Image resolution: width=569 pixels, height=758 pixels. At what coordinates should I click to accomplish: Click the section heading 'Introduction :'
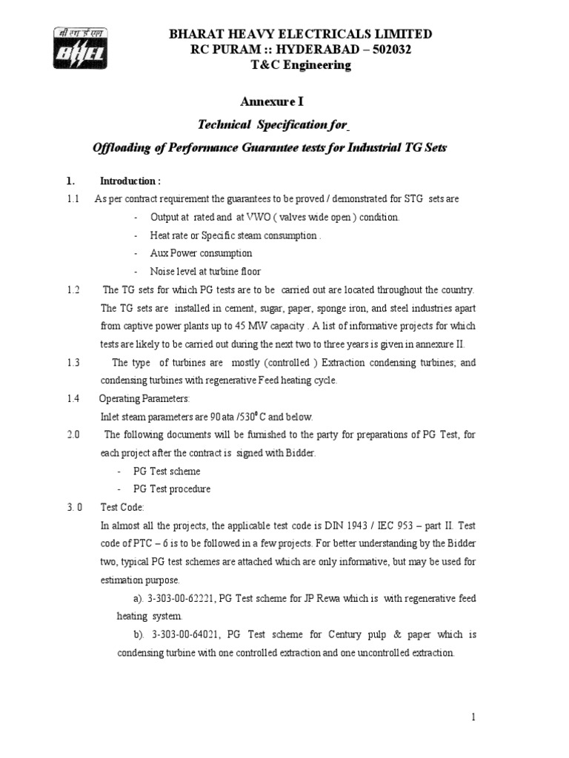coord(130,181)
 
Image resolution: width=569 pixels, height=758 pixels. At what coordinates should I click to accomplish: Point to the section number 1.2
coord(72,289)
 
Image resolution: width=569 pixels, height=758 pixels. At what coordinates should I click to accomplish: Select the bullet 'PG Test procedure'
coord(172,489)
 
